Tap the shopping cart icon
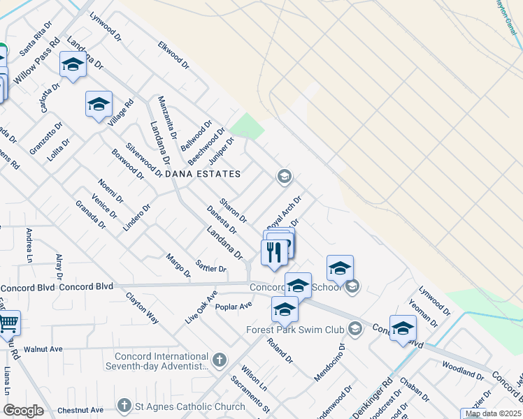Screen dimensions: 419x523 click(x=8, y=323)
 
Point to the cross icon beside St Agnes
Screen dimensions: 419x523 click(x=124, y=406)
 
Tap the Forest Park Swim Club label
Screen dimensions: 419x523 click(x=296, y=329)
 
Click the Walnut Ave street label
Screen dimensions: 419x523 click(x=43, y=348)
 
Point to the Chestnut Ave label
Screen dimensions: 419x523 click(x=80, y=410)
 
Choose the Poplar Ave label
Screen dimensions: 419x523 click(x=234, y=306)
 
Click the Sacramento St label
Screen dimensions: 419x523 click(x=251, y=395)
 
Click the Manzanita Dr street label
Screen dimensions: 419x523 click(x=164, y=113)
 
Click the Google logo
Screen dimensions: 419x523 click(x=24, y=411)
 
